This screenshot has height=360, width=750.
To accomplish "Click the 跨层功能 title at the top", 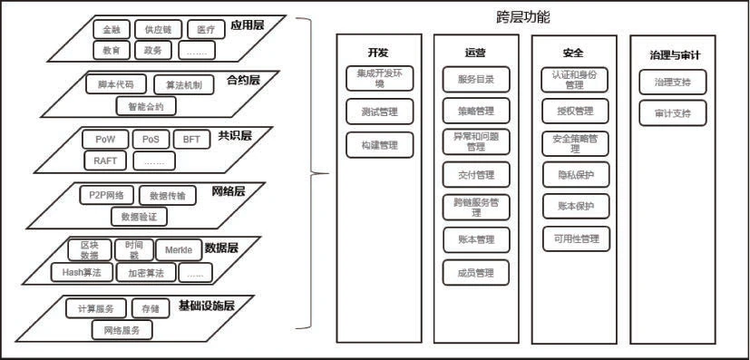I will [522, 17].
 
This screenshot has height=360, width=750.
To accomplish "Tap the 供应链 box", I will [159, 30].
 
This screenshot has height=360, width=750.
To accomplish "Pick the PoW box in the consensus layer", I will [105, 140].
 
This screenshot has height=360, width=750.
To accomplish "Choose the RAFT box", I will [105, 161].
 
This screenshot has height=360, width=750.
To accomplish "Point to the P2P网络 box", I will [106, 195].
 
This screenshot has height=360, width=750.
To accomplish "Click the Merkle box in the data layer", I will [179, 250].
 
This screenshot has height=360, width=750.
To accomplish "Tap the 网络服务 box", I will [122, 330].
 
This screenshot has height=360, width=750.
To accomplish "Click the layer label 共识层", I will [234, 137].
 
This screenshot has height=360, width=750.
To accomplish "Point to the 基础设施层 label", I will [207, 306].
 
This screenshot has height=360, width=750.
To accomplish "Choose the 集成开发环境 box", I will [380, 78].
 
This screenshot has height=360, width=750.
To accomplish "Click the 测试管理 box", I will [380, 112].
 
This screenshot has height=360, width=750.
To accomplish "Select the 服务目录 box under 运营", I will [476, 79].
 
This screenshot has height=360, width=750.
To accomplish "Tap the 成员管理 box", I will [476, 272].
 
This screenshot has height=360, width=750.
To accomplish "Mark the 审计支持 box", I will [672, 113].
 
